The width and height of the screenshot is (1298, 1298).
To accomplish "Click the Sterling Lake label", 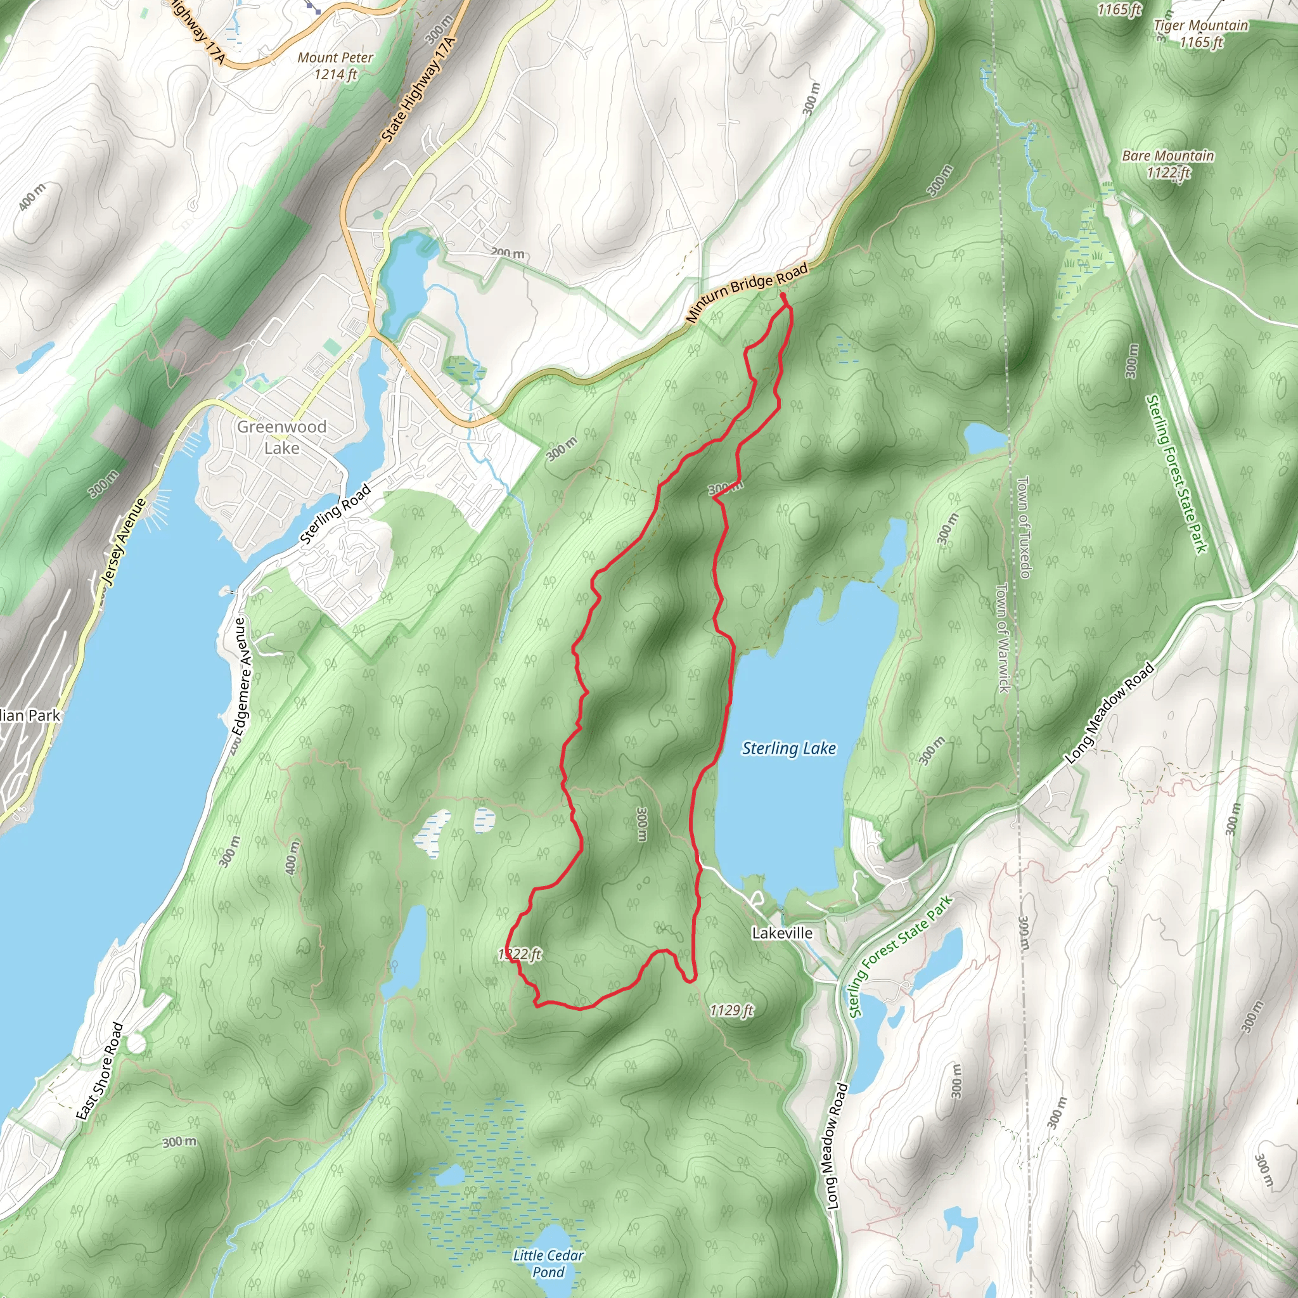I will (x=788, y=749).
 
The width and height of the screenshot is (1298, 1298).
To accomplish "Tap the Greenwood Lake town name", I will (x=281, y=437).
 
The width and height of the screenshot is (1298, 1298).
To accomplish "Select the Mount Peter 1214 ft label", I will (x=335, y=66).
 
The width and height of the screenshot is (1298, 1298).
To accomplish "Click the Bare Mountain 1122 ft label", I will (x=1167, y=164).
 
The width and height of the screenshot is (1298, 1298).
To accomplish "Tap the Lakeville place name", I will (x=781, y=933).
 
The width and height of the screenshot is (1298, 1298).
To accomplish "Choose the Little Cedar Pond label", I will (x=548, y=1263).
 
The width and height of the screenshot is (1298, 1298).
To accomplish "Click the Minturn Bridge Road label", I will (x=747, y=293).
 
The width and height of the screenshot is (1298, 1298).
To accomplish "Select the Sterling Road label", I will (x=335, y=514).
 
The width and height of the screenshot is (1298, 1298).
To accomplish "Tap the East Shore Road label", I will (x=100, y=1071).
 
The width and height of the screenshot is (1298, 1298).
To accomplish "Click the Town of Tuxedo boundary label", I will (x=1023, y=527).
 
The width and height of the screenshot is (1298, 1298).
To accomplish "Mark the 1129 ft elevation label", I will (x=731, y=1010).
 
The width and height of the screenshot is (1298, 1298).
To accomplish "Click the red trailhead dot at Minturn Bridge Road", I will (x=783, y=295).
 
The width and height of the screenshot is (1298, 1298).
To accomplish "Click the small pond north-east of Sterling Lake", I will (x=985, y=438).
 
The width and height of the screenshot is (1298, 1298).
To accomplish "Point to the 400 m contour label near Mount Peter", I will (x=32, y=196).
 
